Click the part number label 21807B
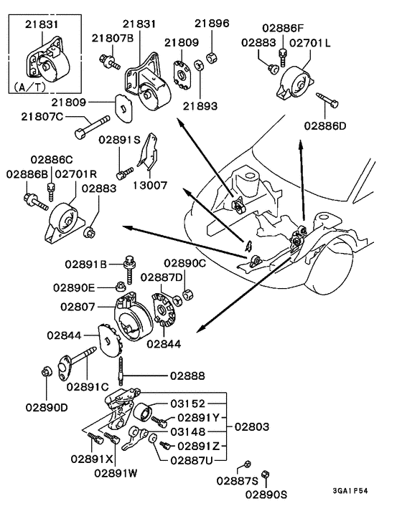click(x=113, y=39)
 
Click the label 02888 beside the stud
click(x=188, y=375)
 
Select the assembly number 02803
click(x=251, y=426)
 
